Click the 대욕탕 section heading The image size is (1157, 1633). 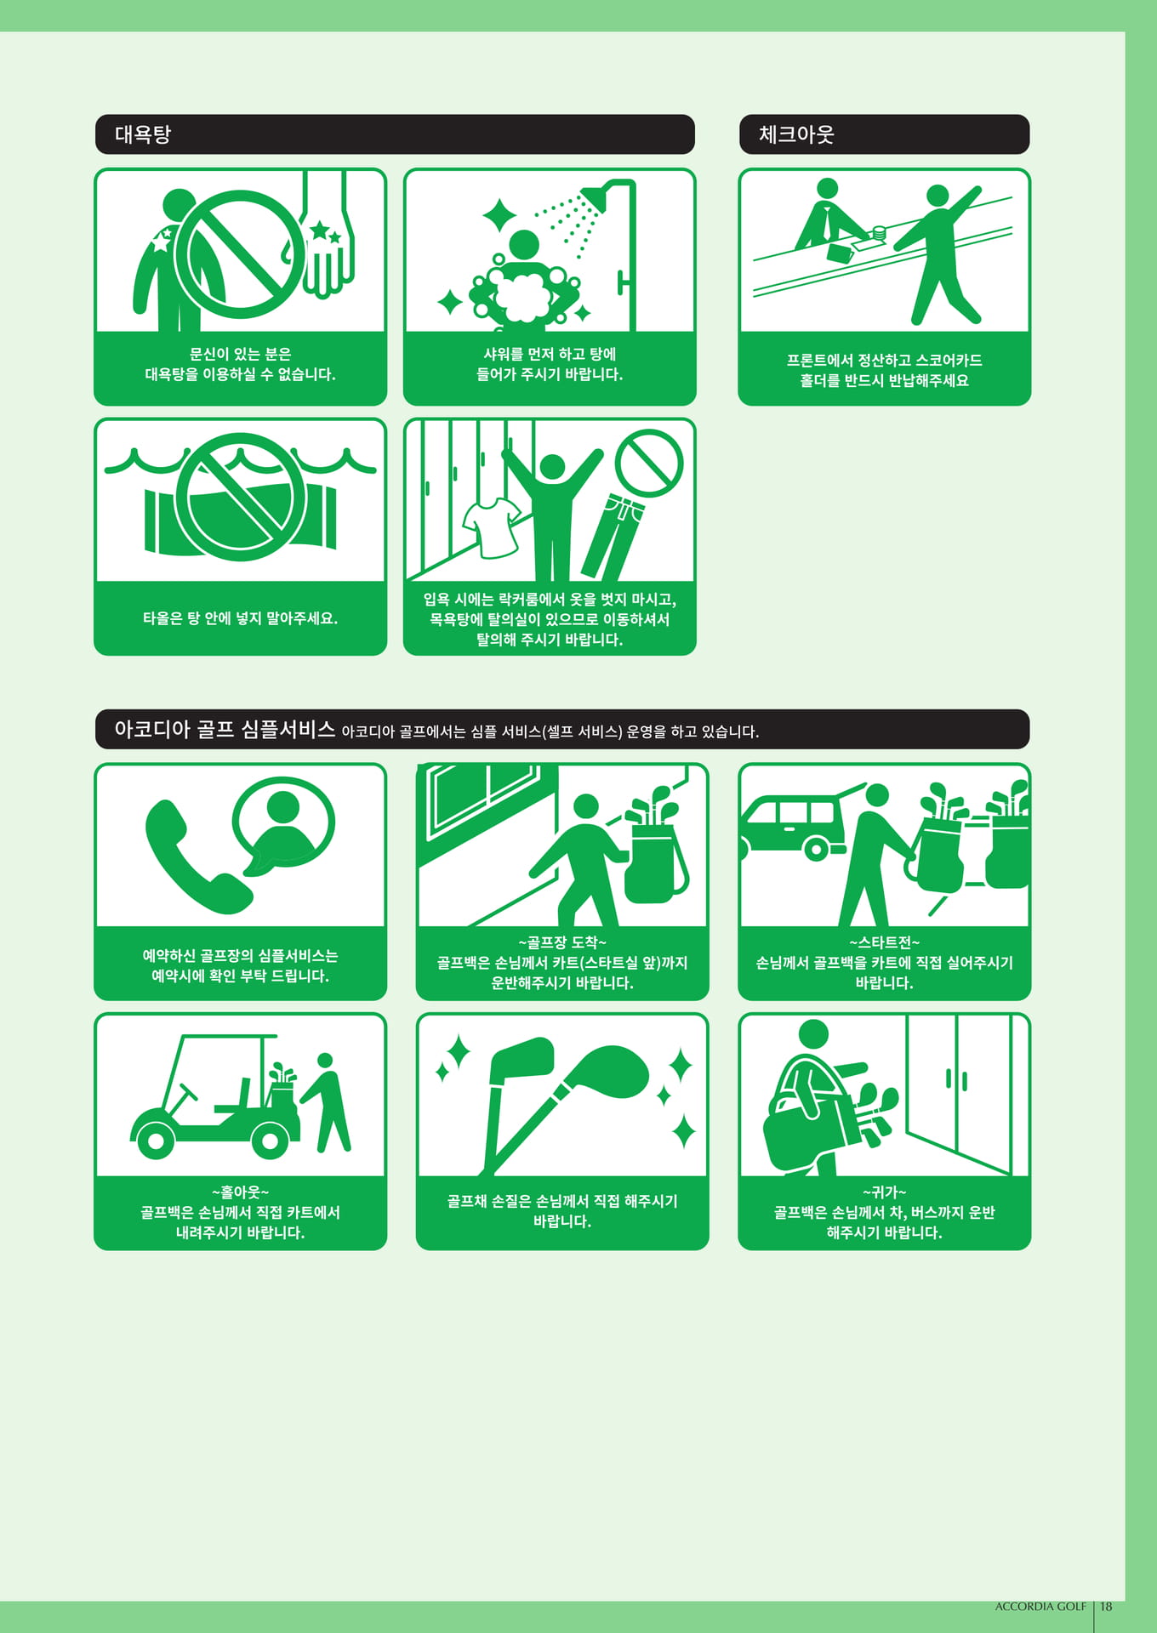[x=143, y=134]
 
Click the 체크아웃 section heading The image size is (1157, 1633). [x=796, y=134]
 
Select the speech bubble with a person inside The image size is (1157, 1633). [x=283, y=829]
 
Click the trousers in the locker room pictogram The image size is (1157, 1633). [x=613, y=537]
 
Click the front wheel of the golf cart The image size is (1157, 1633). [x=157, y=1140]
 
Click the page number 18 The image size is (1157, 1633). [x=1106, y=1607]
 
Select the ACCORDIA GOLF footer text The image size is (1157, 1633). [x=1040, y=1607]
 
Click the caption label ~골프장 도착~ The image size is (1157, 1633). [x=562, y=942]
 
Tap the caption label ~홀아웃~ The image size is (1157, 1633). [x=241, y=1192]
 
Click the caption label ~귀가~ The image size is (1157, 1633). [x=885, y=1192]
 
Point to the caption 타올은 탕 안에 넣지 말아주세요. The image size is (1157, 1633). [x=241, y=618]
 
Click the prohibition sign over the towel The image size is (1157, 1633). [x=241, y=497]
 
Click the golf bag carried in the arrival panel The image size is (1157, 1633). [x=653, y=851]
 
